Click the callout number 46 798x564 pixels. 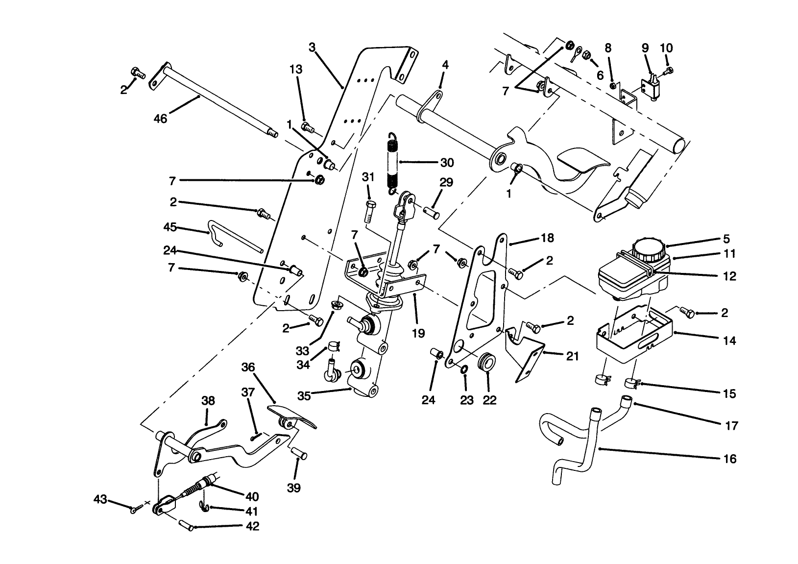point(160,119)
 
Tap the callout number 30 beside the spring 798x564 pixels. point(446,162)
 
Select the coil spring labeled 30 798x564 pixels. point(392,162)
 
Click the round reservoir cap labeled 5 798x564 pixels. point(648,250)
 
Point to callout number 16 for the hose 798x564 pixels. point(729,459)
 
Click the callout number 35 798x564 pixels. point(304,396)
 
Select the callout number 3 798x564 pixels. point(312,48)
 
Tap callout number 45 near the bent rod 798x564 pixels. point(169,227)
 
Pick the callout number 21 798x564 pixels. point(572,356)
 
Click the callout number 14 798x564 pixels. point(729,341)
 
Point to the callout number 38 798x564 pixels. point(208,401)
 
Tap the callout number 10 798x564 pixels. point(666,48)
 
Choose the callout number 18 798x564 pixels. point(547,238)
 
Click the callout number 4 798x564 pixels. point(445,65)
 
